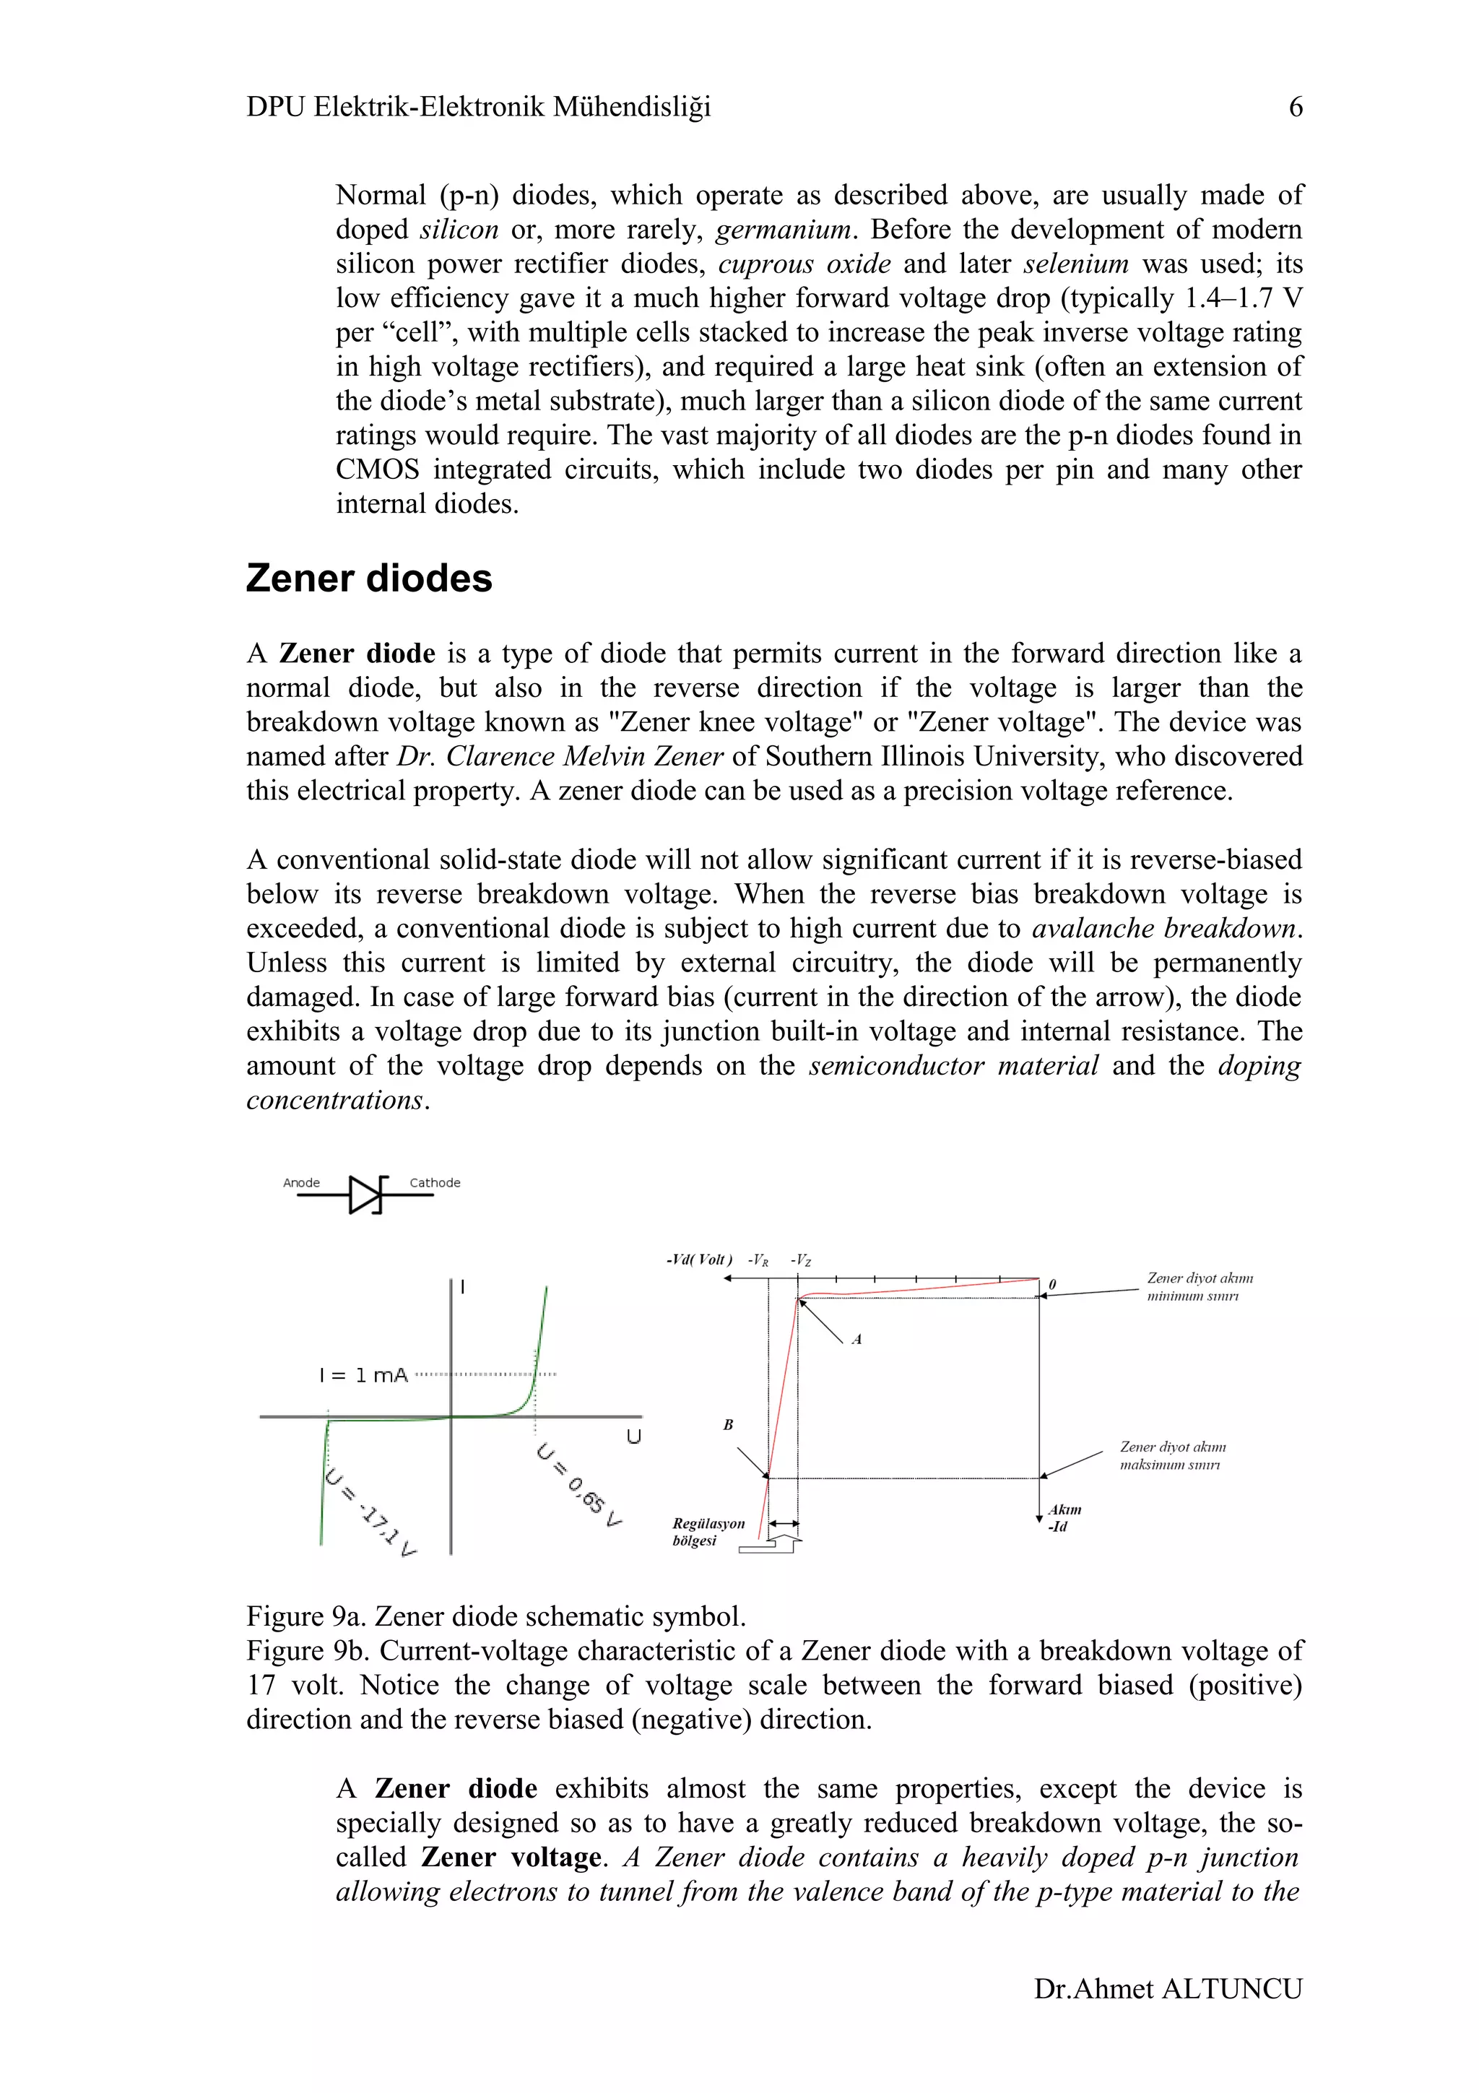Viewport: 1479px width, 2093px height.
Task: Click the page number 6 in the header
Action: pyautogui.click(x=1295, y=108)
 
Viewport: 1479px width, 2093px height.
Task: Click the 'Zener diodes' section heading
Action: pyautogui.click(x=369, y=578)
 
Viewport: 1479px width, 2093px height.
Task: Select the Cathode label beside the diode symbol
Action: pyautogui.click(x=435, y=1182)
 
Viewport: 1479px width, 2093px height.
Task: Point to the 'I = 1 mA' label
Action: pyautogui.click(x=363, y=1376)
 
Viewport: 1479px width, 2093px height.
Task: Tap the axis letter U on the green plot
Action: pyautogui.click(x=633, y=1436)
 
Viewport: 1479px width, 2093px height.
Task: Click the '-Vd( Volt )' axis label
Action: pyautogui.click(x=699, y=1260)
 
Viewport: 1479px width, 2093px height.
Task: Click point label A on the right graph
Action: pyautogui.click(x=856, y=1339)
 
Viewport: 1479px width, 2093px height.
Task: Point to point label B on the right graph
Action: pyautogui.click(x=728, y=1424)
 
